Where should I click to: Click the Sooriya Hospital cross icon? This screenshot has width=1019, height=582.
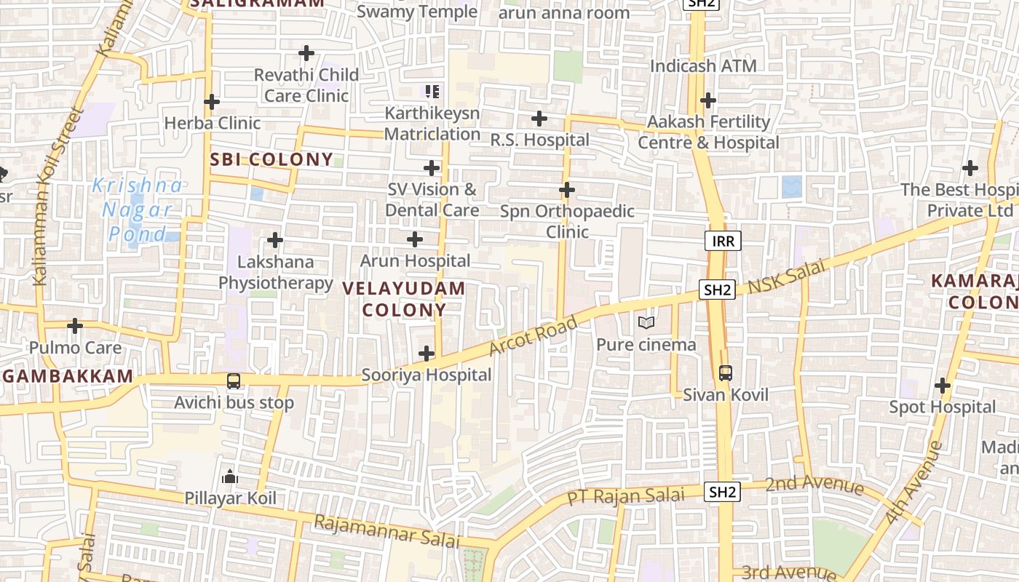[x=427, y=354]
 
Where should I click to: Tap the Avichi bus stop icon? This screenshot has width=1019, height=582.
[x=234, y=381]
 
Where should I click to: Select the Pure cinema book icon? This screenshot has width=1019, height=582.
[x=646, y=322]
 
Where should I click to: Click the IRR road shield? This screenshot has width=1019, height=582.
[x=723, y=242]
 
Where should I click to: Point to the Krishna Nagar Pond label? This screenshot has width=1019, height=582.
[x=137, y=210]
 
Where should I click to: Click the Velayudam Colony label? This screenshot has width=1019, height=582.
[x=404, y=299]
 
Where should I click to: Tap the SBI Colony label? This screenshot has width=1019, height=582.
[x=271, y=160]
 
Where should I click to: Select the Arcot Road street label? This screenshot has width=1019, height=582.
[x=534, y=335]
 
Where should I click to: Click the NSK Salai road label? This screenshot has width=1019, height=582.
[x=787, y=276]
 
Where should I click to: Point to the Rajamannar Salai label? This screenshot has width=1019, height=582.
[x=386, y=532]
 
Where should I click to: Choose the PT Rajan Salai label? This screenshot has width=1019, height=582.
[x=626, y=497]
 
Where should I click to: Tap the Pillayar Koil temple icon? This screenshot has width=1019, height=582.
[x=230, y=477]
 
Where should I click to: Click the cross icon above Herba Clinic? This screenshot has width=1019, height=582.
[x=212, y=102]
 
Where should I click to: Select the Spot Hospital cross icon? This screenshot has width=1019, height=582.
[x=943, y=385]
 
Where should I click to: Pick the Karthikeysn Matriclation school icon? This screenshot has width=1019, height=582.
[x=432, y=92]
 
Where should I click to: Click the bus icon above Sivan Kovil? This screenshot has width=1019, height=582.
[x=725, y=373]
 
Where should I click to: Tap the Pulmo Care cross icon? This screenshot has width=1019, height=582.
[x=75, y=326]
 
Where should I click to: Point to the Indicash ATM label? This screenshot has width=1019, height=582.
[x=703, y=66]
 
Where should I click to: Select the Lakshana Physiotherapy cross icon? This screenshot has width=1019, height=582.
[x=275, y=239]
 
